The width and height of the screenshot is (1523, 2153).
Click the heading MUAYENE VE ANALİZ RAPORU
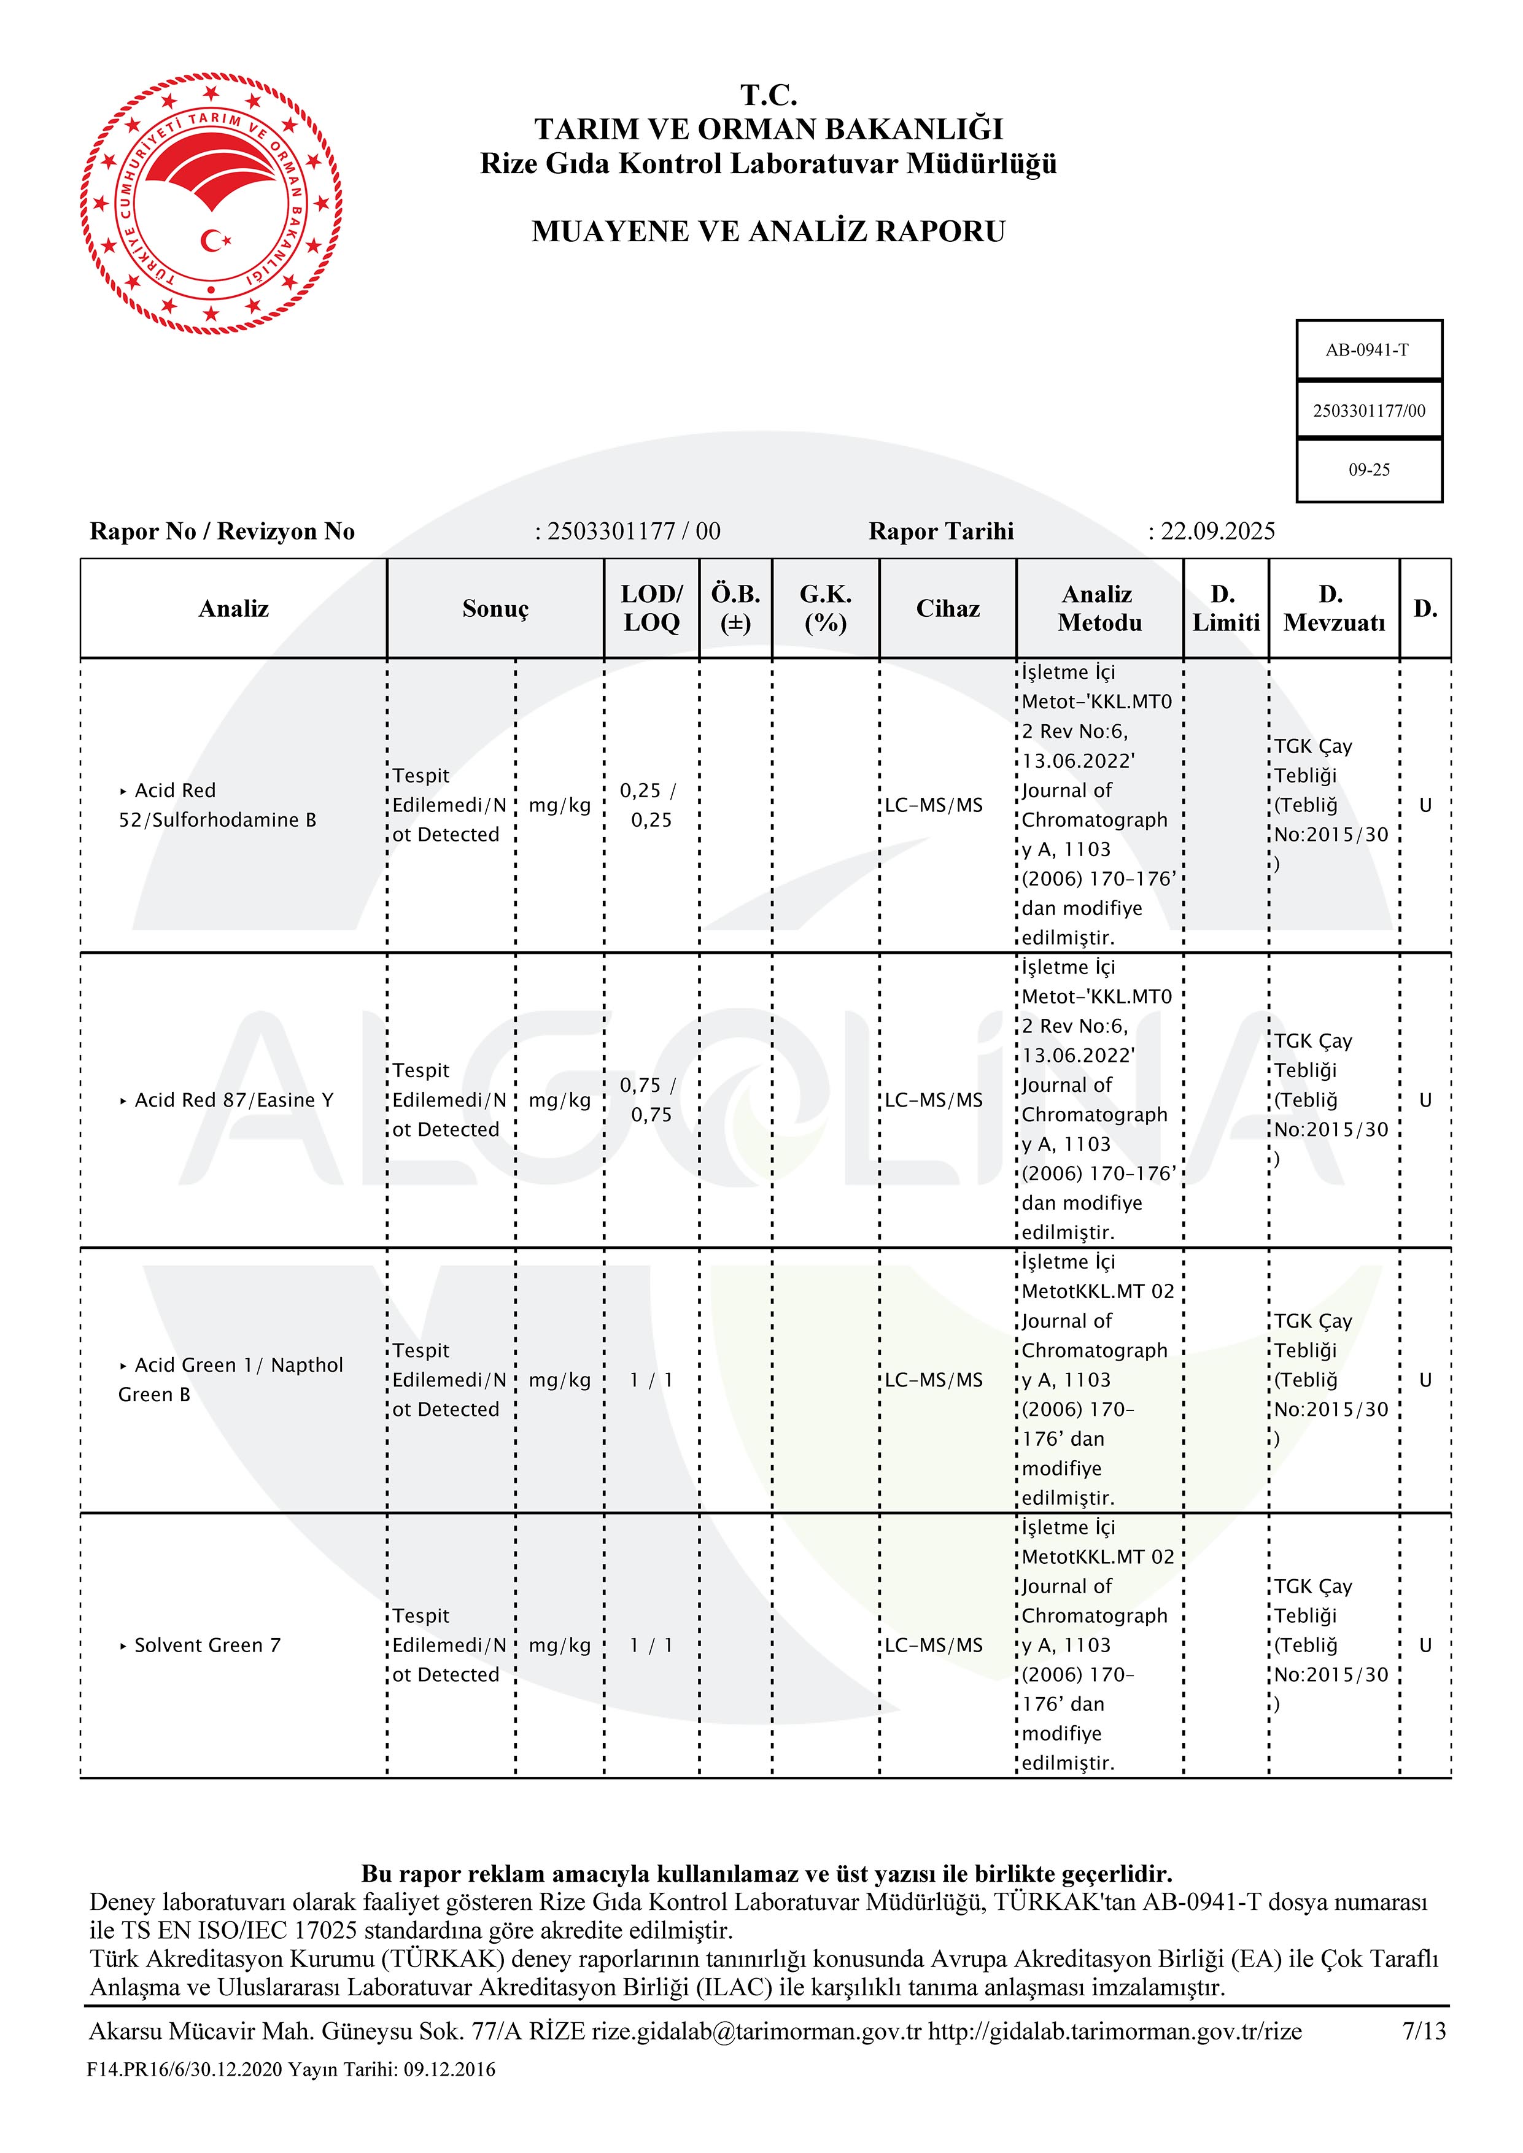767,231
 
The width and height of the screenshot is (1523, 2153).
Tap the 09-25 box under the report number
1368,470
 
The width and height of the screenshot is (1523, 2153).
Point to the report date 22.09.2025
1217,531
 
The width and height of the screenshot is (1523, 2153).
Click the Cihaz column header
947,609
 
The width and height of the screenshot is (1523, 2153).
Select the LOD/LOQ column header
651,609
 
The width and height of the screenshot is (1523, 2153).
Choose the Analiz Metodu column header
1098,609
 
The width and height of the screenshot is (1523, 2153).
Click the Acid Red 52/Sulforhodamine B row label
217,805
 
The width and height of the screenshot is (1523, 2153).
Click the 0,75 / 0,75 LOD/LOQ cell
650,1100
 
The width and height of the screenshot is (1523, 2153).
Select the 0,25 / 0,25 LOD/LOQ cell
650,805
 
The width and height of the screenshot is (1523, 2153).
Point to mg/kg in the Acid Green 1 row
560,1380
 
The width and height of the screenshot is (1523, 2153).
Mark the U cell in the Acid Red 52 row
1425,805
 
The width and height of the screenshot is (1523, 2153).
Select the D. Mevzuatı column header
1333,609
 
